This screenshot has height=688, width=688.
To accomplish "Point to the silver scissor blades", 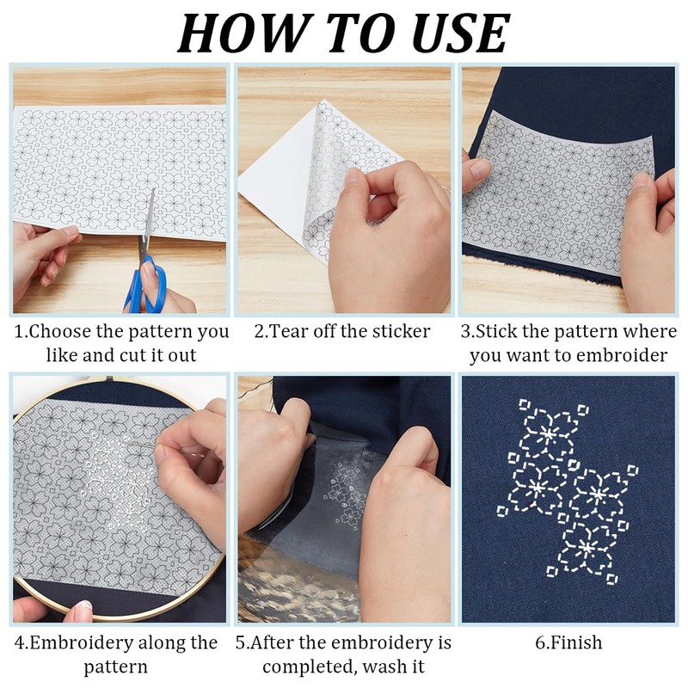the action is (148, 223).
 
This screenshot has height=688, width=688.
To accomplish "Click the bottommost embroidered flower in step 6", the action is (587, 548).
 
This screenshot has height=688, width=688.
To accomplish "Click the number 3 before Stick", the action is (465, 331).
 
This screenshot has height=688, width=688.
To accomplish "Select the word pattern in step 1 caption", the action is (160, 332).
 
